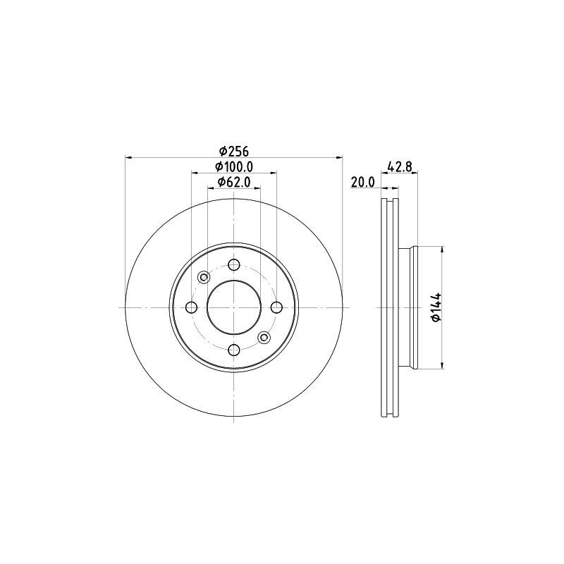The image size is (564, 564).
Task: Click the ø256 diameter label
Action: [x=234, y=152]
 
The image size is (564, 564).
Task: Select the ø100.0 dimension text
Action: [x=234, y=167]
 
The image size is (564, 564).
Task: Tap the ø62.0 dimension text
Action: [x=234, y=183]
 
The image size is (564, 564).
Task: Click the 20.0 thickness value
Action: [x=362, y=182]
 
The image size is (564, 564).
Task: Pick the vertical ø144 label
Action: [x=436, y=307]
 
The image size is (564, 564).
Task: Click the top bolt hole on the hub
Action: [x=234, y=265]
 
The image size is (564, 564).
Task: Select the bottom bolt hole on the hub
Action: [x=234, y=349]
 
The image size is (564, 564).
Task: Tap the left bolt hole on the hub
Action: [x=192, y=307]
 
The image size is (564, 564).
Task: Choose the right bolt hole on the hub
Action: [x=276, y=307]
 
